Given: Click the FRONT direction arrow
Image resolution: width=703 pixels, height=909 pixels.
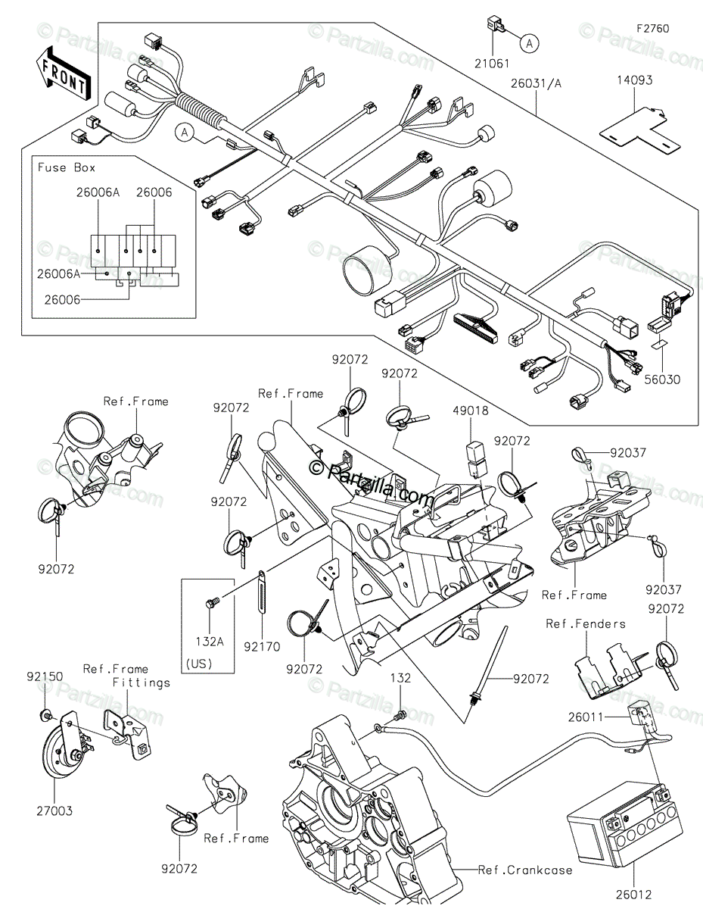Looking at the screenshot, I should click(x=64, y=71).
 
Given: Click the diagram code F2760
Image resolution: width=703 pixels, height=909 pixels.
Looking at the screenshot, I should click(x=652, y=29).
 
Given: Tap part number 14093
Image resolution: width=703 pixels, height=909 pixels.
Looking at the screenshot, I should click(x=633, y=80).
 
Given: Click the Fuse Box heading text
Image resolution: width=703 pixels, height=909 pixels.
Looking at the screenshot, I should click(x=67, y=167).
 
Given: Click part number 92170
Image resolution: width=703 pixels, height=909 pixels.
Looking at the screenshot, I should click(x=262, y=648).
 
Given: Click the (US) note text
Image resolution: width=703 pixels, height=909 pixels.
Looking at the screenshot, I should click(x=199, y=664).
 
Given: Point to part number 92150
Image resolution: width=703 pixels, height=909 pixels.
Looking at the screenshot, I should click(x=45, y=675).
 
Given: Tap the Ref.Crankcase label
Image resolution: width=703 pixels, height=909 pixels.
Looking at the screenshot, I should click(x=525, y=870).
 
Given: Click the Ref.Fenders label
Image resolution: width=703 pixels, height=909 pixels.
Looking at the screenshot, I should click(x=586, y=623).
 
